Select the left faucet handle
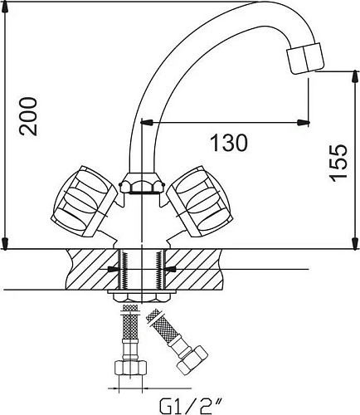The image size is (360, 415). [x=82, y=200]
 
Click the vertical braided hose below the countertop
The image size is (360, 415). [x=128, y=332]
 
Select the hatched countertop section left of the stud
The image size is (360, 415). [x=87, y=267]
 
